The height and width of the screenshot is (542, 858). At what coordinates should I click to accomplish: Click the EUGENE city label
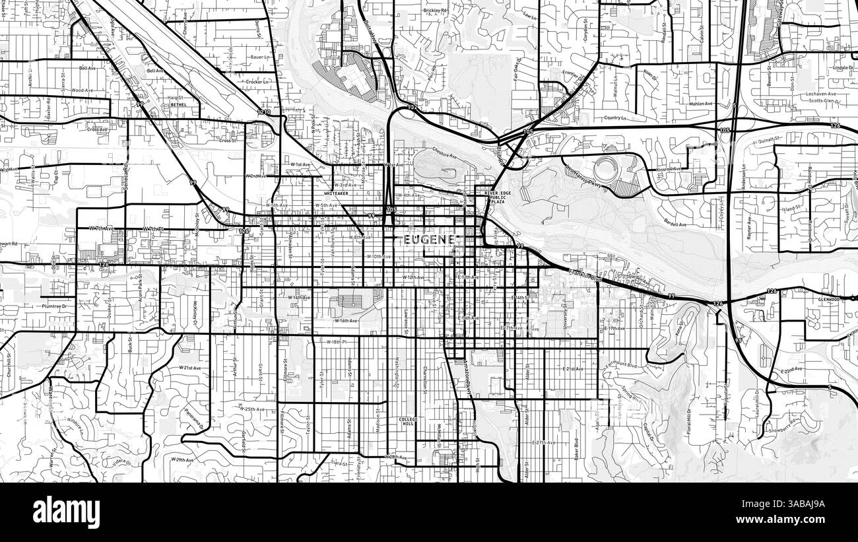(x=429, y=240)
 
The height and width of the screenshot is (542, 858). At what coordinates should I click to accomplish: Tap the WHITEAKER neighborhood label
(x=337, y=193)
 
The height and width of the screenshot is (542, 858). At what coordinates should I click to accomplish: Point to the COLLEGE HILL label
(x=409, y=422)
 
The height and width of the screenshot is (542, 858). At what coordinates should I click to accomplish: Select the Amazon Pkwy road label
(x=465, y=378)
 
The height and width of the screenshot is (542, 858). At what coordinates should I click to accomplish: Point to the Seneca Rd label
(x=124, y=177)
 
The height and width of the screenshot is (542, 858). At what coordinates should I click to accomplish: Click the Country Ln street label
(x=613, y=118)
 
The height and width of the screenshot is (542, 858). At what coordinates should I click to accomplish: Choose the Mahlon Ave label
(x=701, y=104)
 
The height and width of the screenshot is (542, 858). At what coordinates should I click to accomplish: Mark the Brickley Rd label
(x=435, y=12)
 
